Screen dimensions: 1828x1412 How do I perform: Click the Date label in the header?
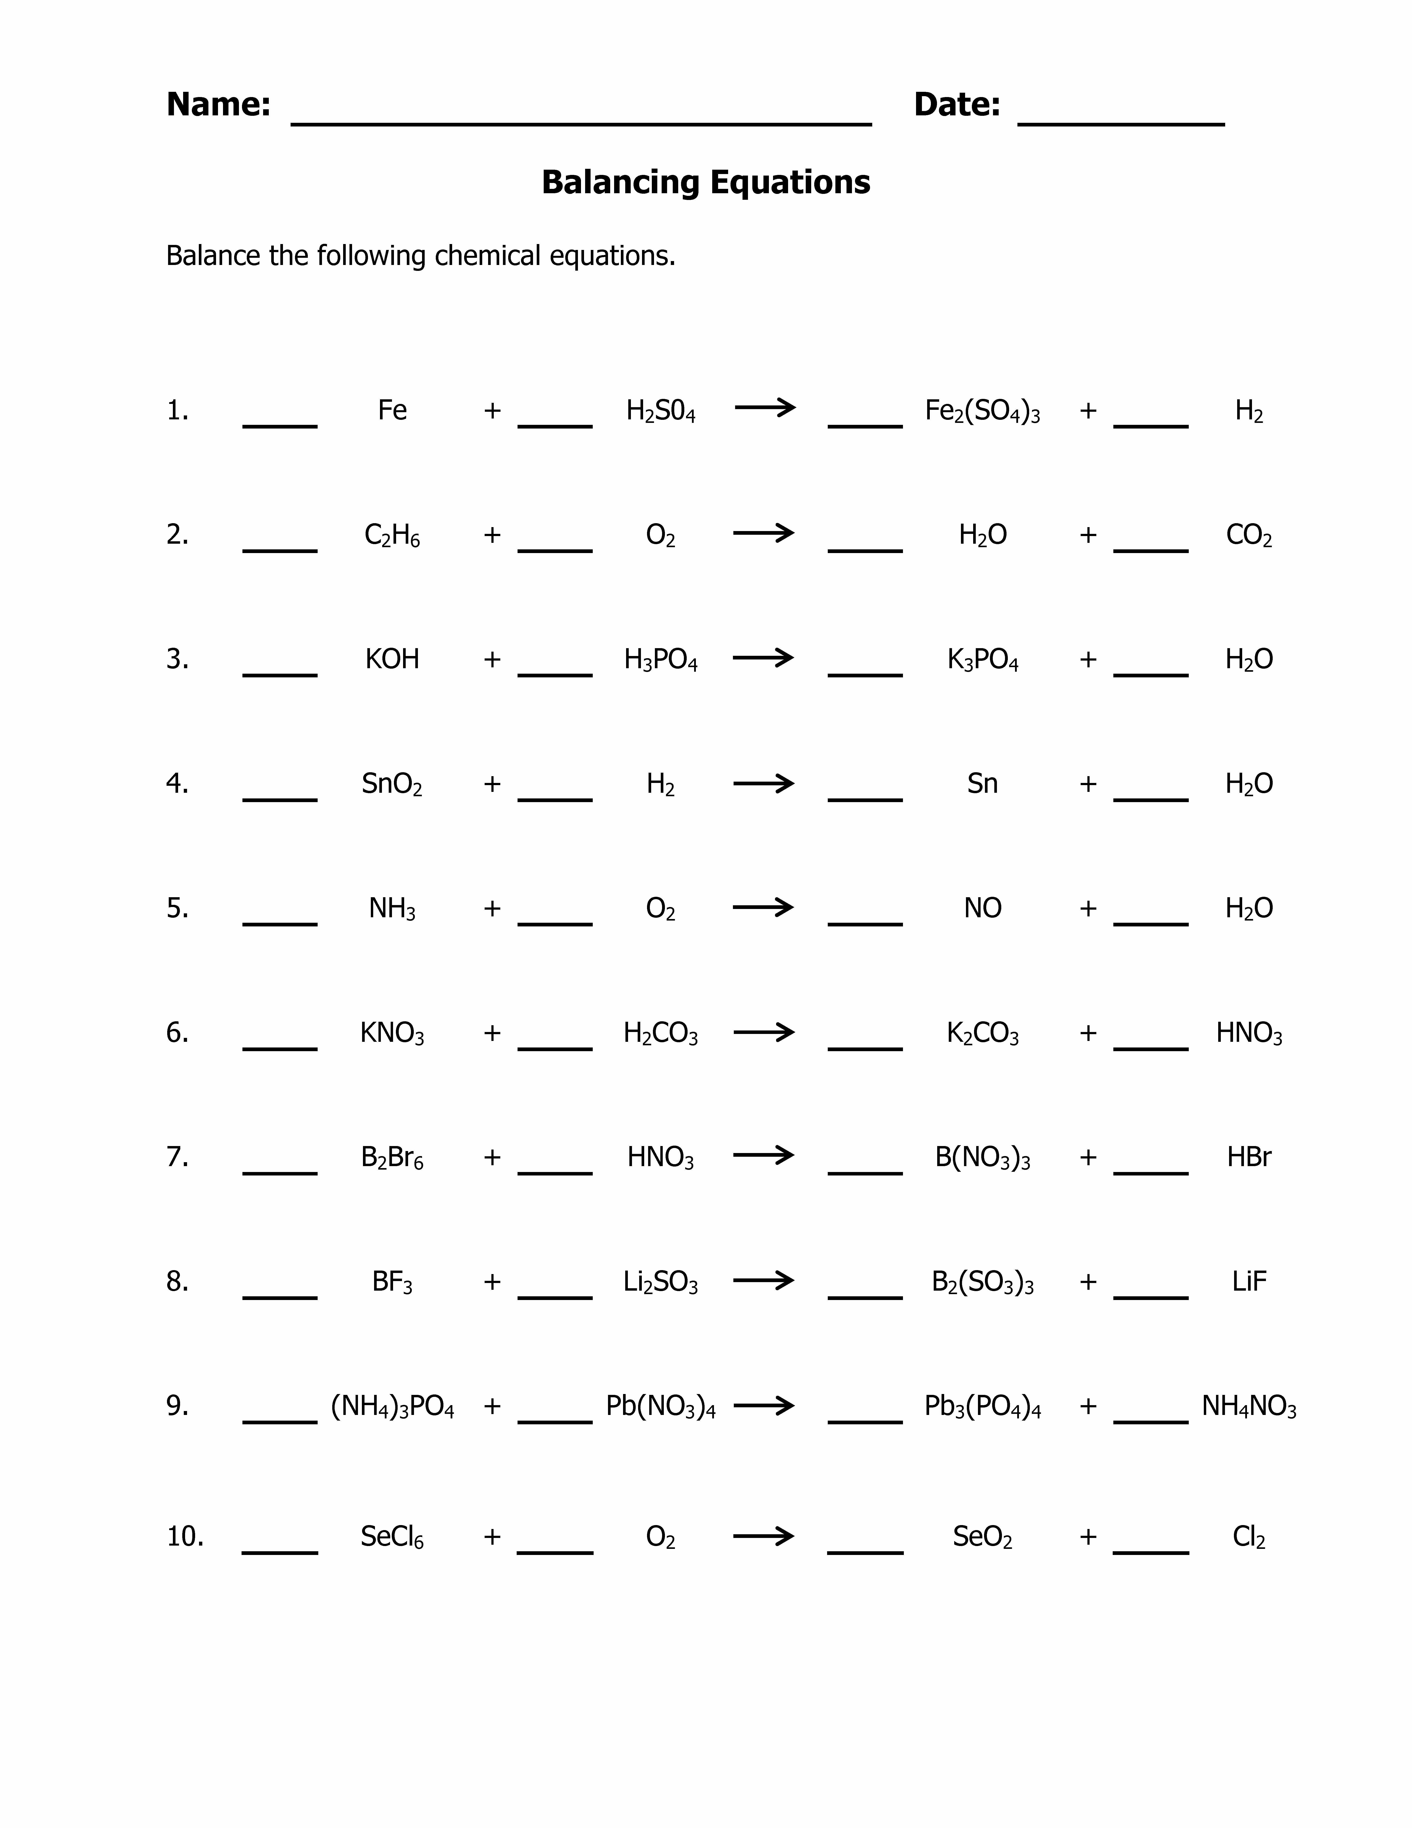click(956, 105)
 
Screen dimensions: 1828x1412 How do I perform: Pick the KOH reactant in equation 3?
click(392, 659)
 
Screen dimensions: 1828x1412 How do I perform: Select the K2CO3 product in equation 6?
click(982, 1033)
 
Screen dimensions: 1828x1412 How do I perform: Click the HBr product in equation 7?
click(1248, 1157)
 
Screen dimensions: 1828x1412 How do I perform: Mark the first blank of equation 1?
click(279, 423)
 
